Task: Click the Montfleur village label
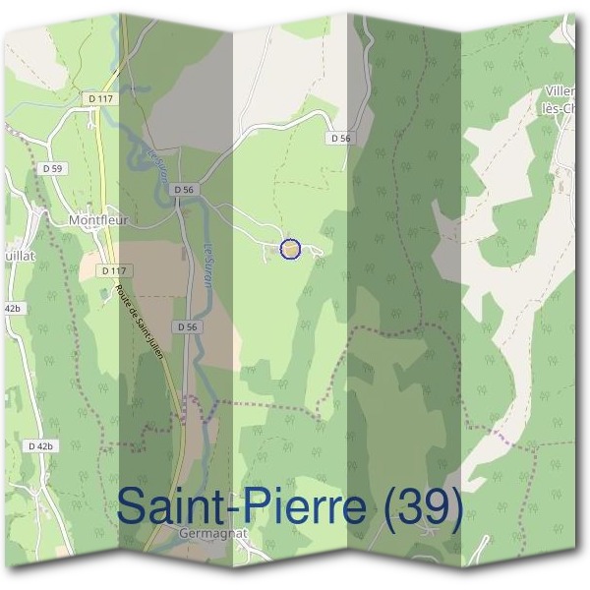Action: click(100, 221)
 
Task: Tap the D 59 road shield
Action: click(53, 169)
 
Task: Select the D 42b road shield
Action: click(40, 445)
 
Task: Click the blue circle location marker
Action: click(290, 250)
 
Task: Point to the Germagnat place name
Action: click(210, 533)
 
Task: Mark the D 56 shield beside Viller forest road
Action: click(340, 139)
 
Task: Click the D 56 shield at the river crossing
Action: click(184, 189)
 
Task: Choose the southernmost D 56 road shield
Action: click(189, 326)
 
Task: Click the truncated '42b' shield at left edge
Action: click(11, 308)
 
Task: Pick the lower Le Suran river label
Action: click(208, 263)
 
